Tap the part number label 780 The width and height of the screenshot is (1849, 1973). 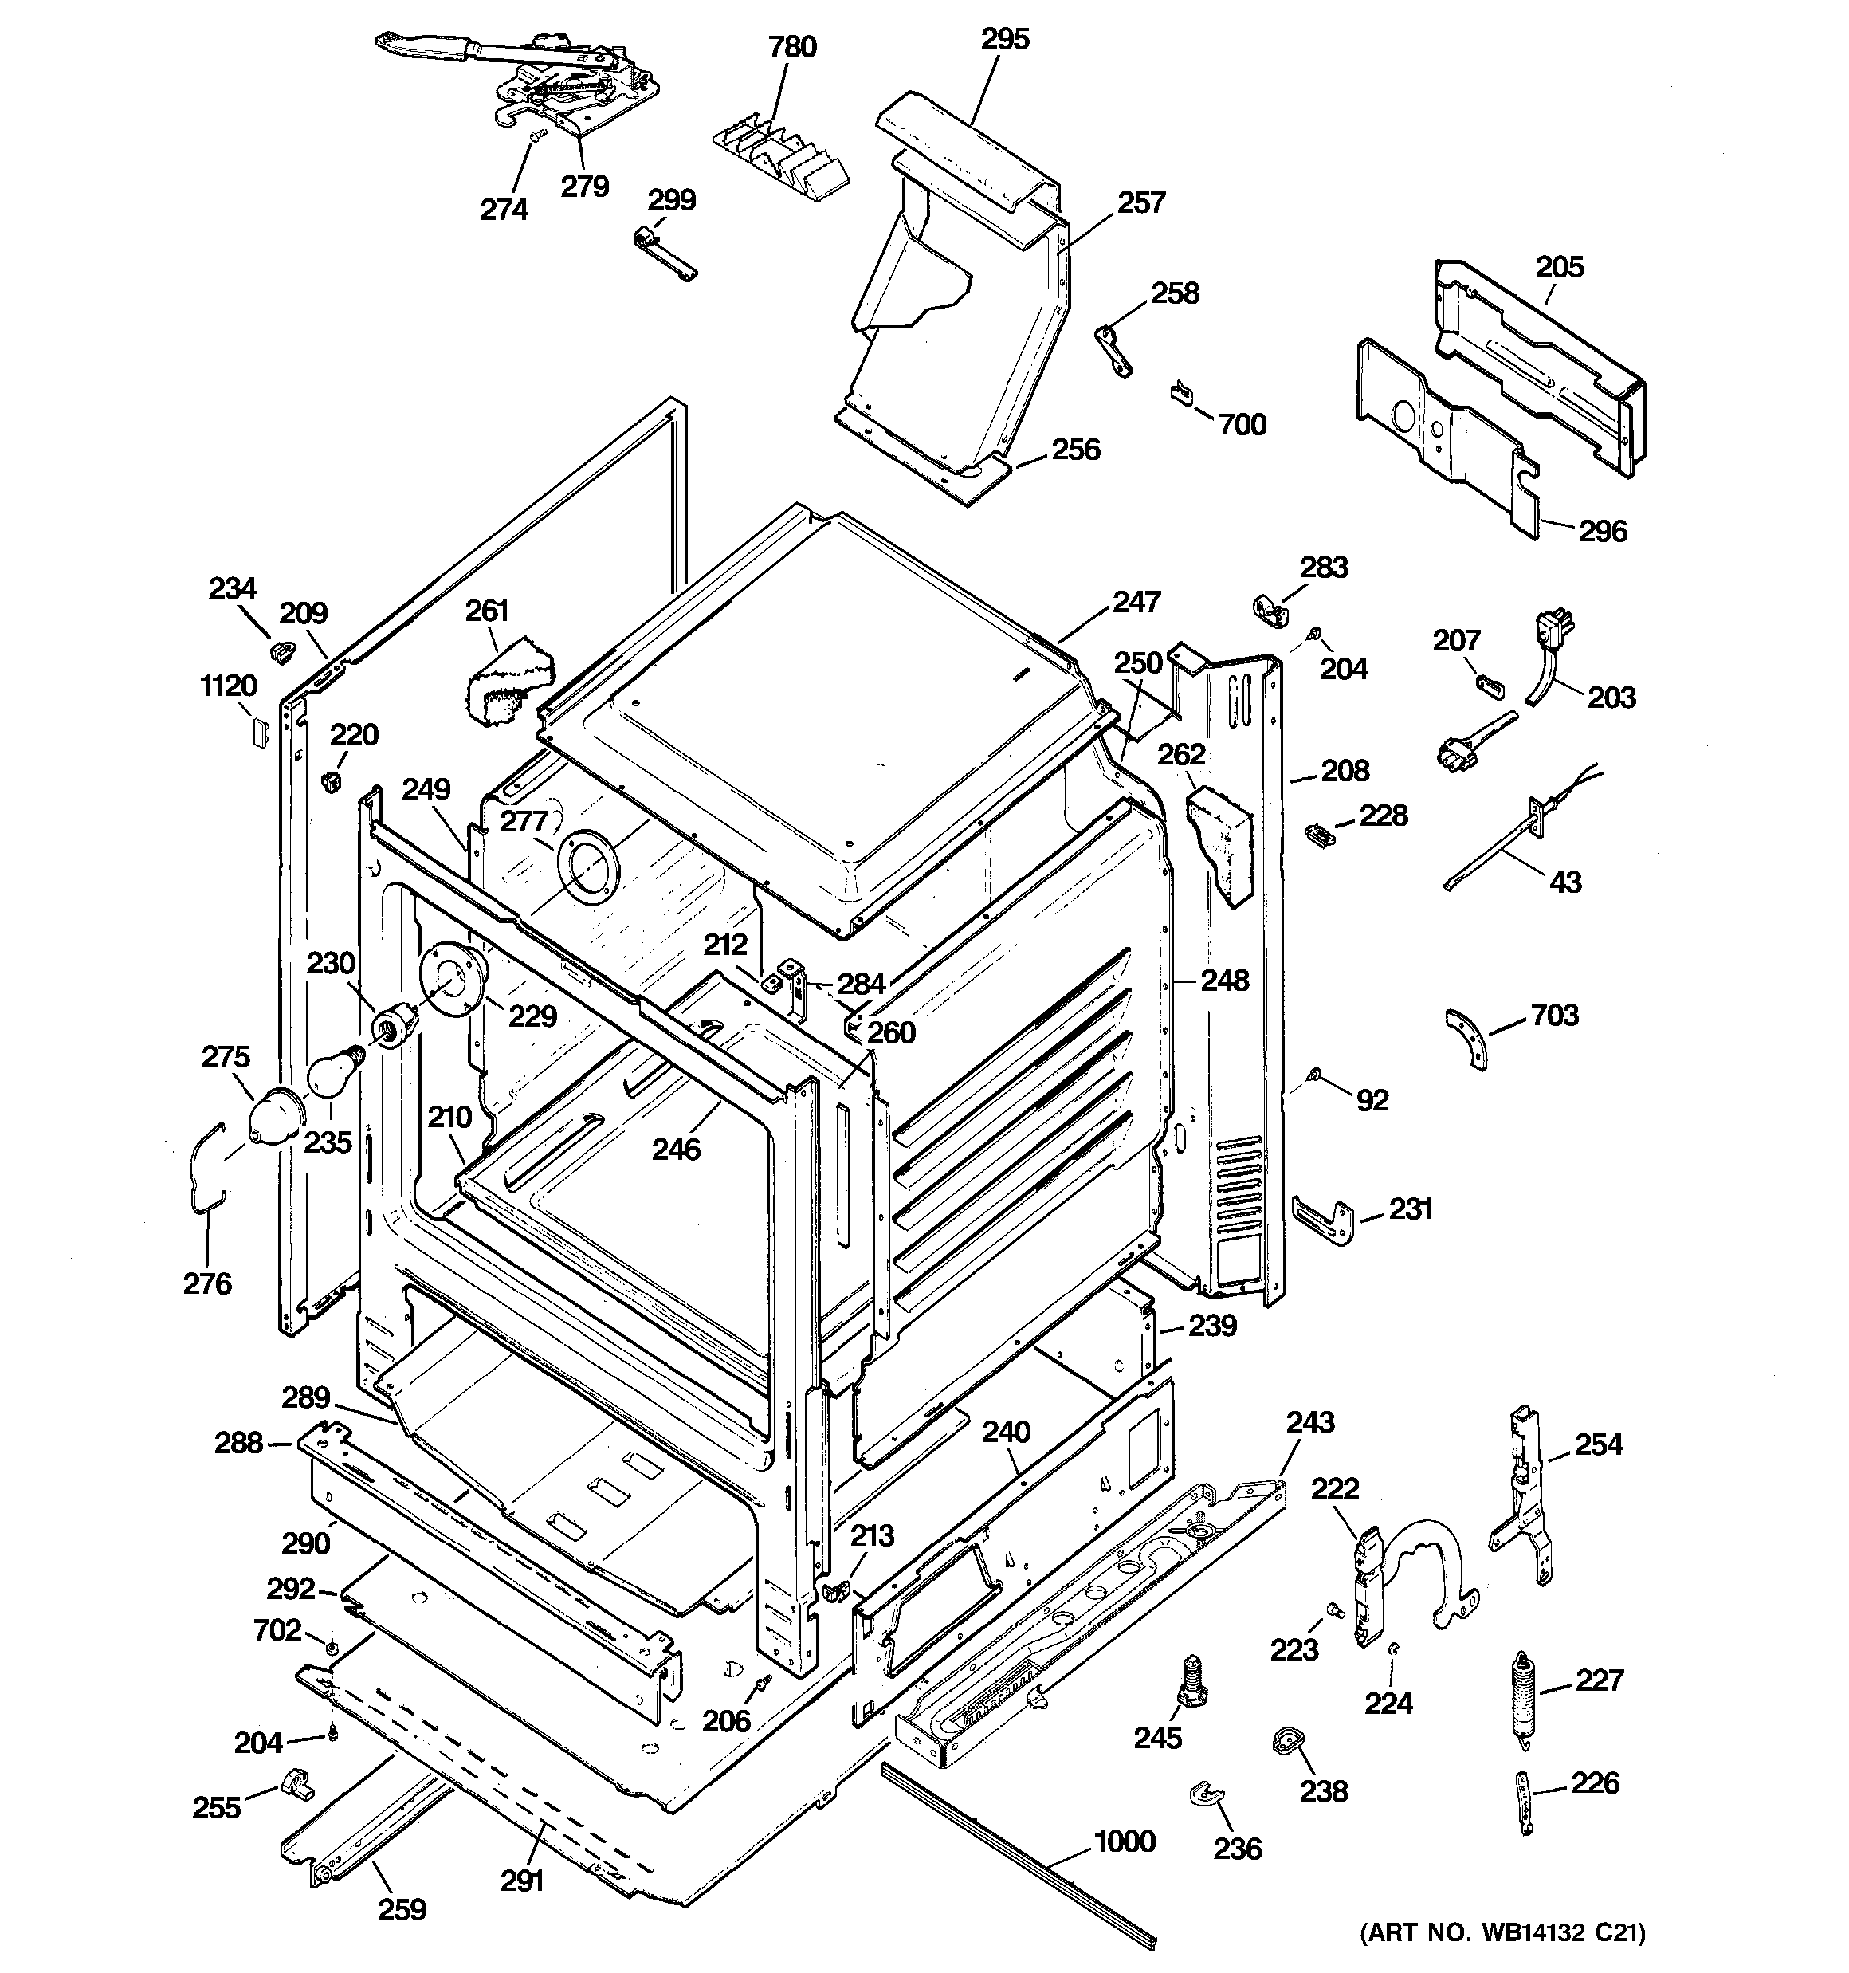click(792, 47)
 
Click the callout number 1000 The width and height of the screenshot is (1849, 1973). click(1125, 1842)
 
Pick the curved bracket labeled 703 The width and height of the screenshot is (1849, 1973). click(1468, 1037)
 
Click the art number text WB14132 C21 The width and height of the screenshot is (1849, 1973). click(1502, 1932)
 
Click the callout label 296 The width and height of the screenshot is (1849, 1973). click(1603, 531)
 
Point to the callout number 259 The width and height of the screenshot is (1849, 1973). click(402, 1909)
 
